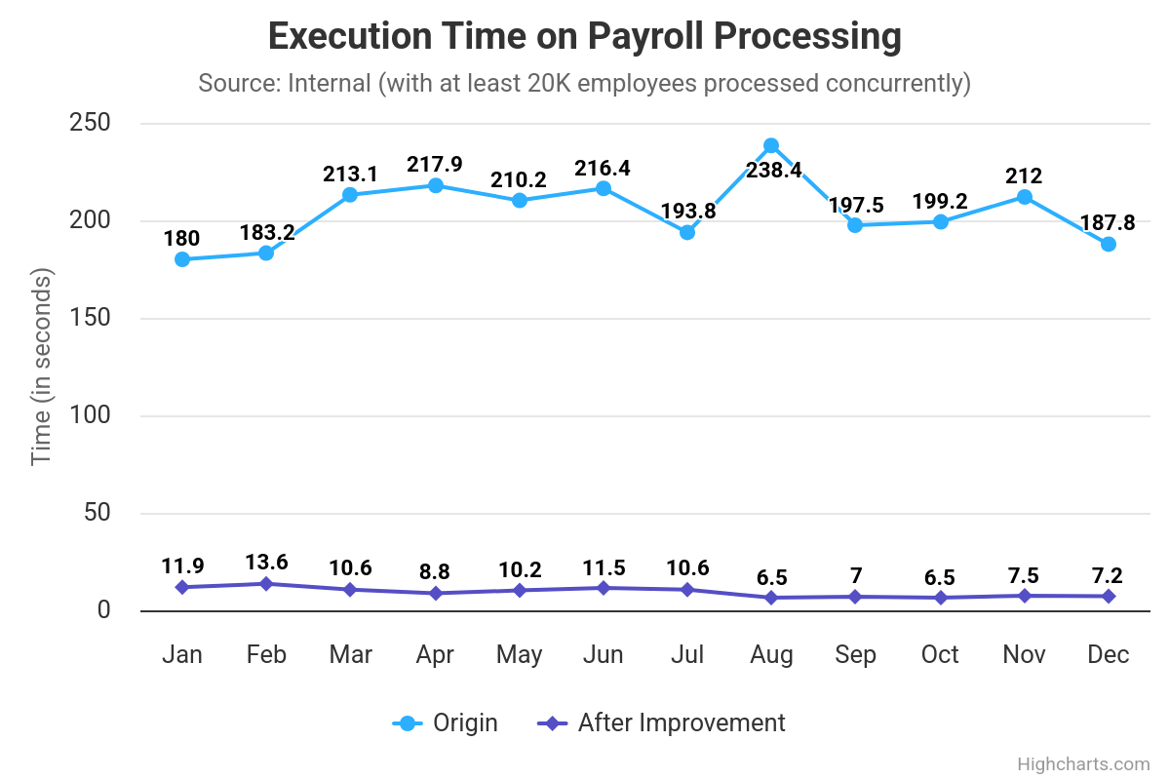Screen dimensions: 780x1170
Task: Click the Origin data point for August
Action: pos(771,146)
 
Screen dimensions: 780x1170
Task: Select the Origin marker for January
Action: pos(182,259)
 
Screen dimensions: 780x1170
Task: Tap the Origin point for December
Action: pos(1109,244)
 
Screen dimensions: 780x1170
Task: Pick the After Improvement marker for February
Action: pos(266,584)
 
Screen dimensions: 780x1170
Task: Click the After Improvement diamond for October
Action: pos(940,598)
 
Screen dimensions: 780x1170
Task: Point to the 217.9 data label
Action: pos(435,164)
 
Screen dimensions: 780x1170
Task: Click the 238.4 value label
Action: pos(774,171)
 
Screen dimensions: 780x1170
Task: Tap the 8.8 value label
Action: pos(435,571)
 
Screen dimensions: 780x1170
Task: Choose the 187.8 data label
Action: pos(1108,222)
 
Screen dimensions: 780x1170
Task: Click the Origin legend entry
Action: pos(446,722)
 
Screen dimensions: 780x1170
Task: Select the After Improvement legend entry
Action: pos(662,722)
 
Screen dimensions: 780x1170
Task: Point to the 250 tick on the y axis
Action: pos(89,123)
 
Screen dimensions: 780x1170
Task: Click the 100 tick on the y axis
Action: pos(89,415)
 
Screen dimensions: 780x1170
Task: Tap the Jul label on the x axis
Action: pos(687,654)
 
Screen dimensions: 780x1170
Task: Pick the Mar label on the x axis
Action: pos(350,654)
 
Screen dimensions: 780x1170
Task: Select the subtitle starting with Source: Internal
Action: pos(584,83)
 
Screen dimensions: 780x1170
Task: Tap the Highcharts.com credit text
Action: pos(1083,764)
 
